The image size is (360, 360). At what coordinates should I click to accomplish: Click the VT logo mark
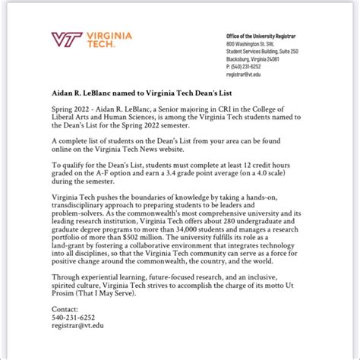coord(64,39)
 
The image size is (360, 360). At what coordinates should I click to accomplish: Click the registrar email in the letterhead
coord(245,74)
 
